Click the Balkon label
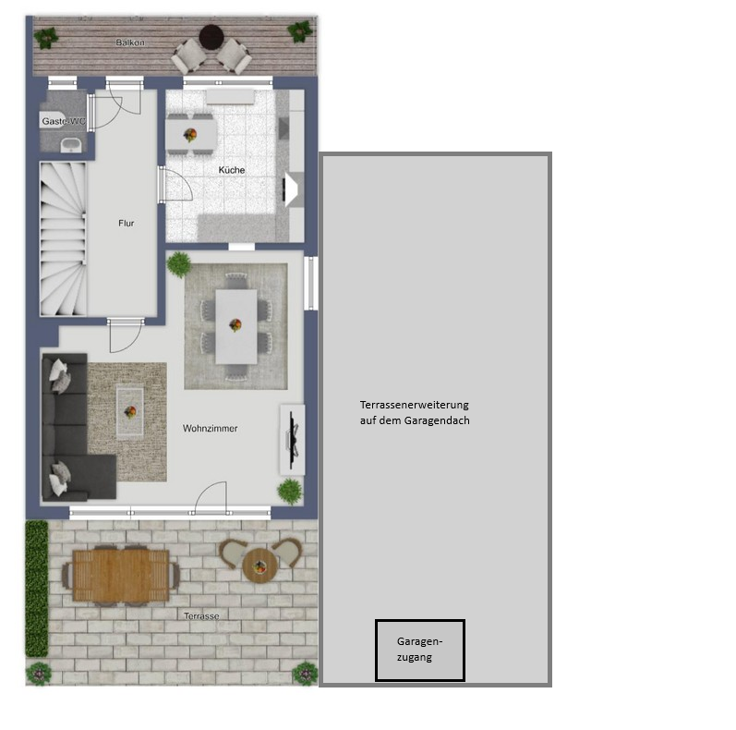click(x=130, y=43)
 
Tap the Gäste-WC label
click(x=64, y=121)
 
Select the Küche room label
click(x=232, y=170)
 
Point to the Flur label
click(x=127, y=223)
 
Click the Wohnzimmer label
click(x=210, y=429)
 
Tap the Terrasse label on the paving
click(x=201, y=615)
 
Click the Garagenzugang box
click(x=419, y=651)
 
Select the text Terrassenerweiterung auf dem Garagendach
click(x=415, y=412)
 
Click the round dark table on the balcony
click(x=211, y=37)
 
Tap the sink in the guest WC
click(x=71, y=145)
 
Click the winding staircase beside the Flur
click(x=64, y=238)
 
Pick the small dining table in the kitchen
click(x=191, y=134)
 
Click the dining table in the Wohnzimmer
click(x=236, y=326)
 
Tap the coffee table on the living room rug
click(x=130, y=412)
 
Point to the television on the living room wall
click(x=293, y=440)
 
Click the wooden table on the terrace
click(x=121, y=576)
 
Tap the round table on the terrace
click(x=260, y=566)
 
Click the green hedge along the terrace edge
click(x=37, y=588)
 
